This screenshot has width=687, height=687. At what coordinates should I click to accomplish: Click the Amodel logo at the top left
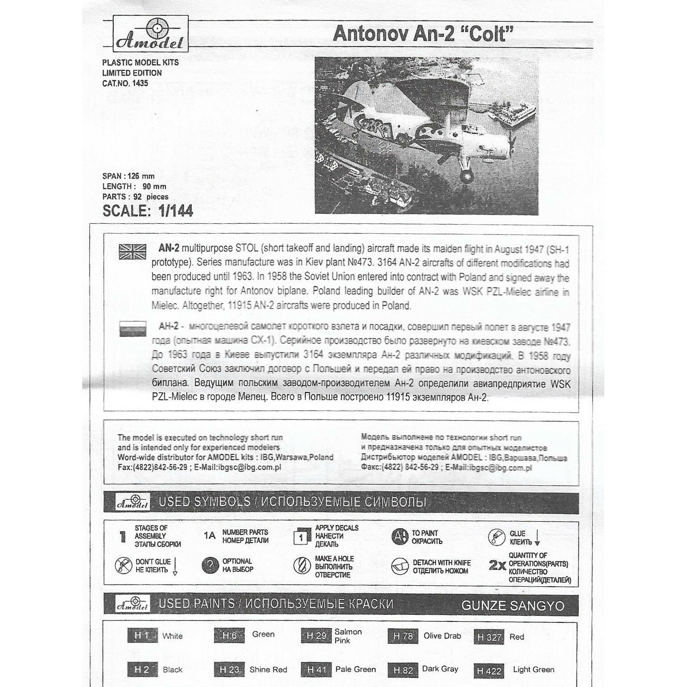pos(150,33)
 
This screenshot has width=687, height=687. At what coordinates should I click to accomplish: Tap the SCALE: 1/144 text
pos(148,211)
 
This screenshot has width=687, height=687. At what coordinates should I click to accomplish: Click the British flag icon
pos(132,251)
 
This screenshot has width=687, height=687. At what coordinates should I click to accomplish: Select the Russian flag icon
pos(132,329)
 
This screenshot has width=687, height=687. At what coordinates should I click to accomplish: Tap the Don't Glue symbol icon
pos(123,566)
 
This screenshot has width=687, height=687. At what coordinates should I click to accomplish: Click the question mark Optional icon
pos(210,566)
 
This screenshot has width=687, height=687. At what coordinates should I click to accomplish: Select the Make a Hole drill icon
pos(302,566)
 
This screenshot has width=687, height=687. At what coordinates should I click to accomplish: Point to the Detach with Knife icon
pos(399,567)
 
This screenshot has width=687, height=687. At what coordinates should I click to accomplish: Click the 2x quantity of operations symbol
pos(497,566)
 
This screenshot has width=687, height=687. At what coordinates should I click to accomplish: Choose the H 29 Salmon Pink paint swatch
pos(316,636)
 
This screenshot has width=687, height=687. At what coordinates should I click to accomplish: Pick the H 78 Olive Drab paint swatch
pos(403,636)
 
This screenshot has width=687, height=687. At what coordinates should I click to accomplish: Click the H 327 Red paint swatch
pos(489,637)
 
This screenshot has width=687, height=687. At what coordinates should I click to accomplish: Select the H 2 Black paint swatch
pos(142,670)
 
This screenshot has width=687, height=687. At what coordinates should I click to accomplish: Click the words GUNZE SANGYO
pos(513,606)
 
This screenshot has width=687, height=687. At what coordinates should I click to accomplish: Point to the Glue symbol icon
pos(496,537)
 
